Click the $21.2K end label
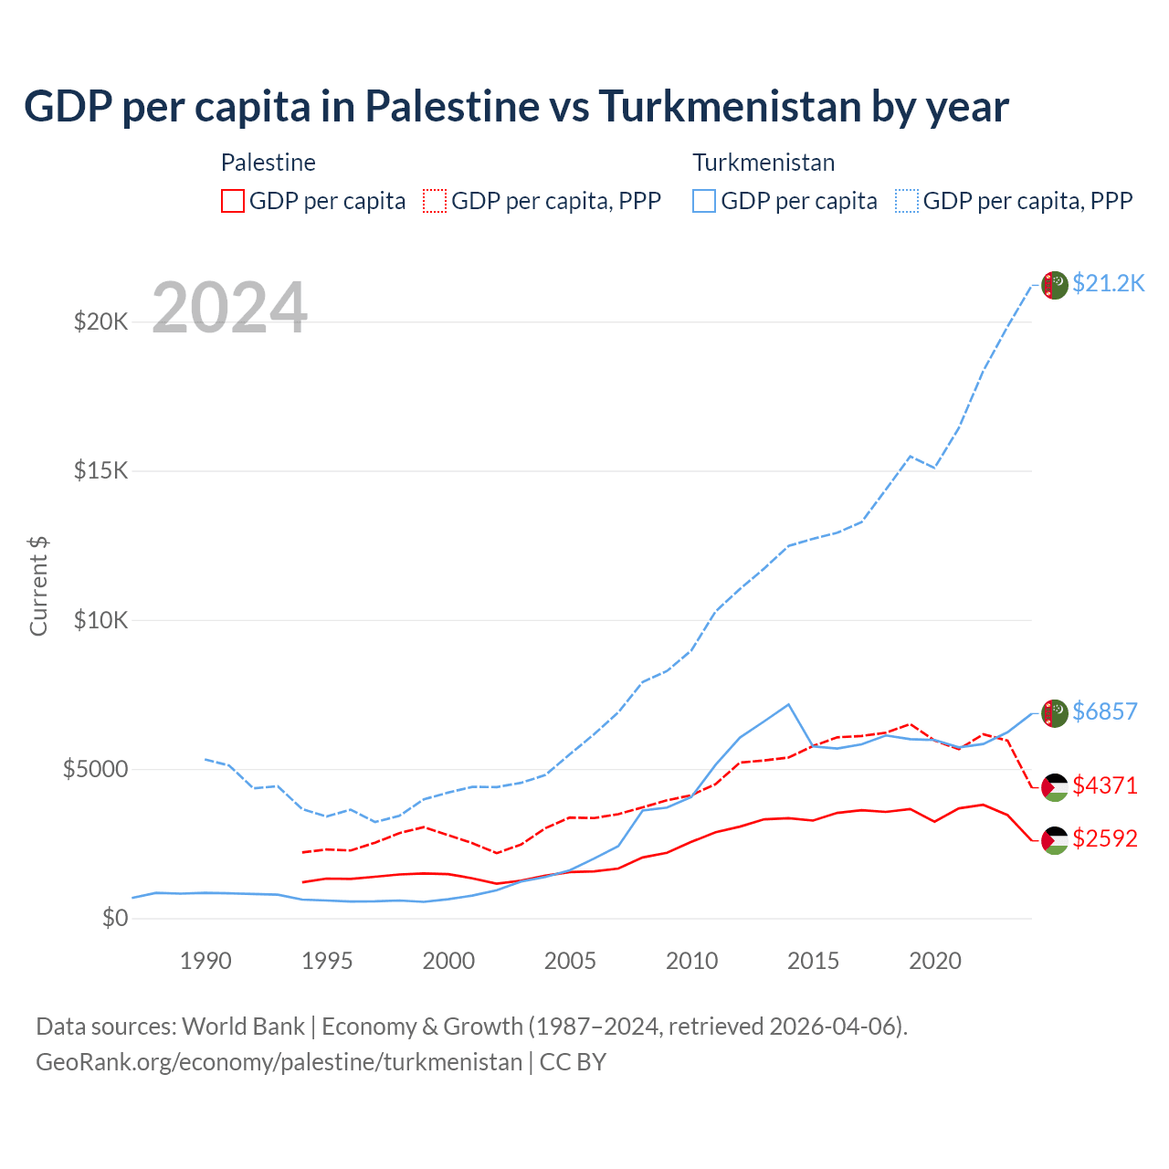tap(1108, 283)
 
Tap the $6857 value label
tap(1104, 711)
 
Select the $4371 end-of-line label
tap(1104, 785)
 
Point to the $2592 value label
tap(1104, 838)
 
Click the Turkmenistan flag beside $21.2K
tap(1055, 285)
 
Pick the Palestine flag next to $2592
tap(1055, 840)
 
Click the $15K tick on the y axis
tap(100, 471)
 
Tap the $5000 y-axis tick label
tap(95, 769)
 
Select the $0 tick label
tap(114, 918)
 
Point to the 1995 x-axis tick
tap(327, 961)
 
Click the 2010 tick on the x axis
tap(691, 961)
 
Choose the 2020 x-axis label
tap(935, 961)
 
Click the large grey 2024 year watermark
tap(229, 308)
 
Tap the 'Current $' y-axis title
tap(38, 585)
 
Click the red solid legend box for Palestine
tap(233, 201)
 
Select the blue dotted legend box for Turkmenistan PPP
tap(907, 201)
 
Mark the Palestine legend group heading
tap(268, 163)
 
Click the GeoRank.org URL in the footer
tap(279, 1062)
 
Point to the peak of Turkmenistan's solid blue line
tap(788, 704)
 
